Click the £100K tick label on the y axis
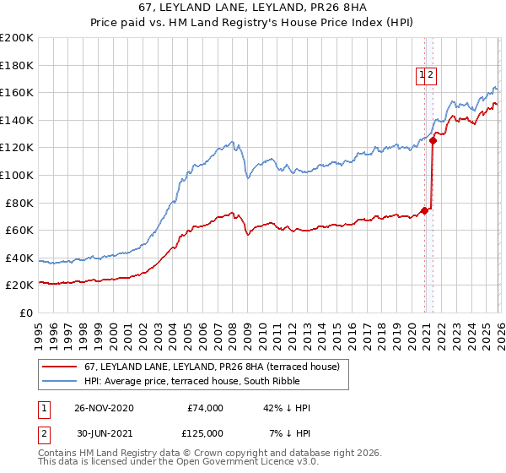coord(17,175)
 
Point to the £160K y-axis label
coord(17,92)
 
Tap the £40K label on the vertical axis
coord(20,258)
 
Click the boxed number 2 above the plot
coord(430,75)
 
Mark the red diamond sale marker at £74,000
coord(424,210)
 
